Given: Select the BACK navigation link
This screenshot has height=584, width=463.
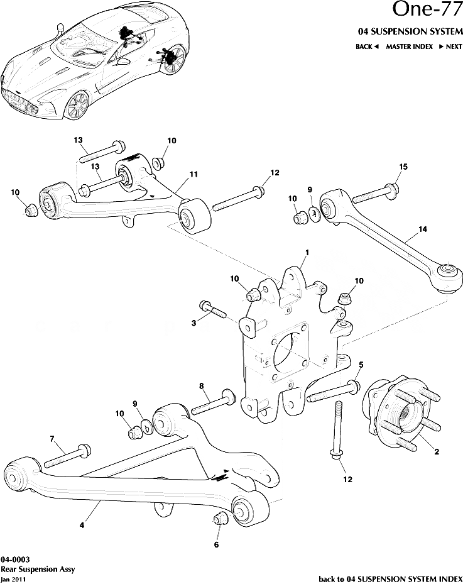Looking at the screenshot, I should coord(367,47).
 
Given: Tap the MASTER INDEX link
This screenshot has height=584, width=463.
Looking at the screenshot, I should coord(409,47).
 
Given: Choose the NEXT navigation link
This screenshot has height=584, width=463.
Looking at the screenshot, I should coord(450,47).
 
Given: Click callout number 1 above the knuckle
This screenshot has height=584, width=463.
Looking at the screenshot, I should coord(307,253).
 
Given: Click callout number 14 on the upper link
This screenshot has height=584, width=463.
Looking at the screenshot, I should coord(422,229).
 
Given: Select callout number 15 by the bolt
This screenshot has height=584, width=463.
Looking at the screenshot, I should coord(403,167).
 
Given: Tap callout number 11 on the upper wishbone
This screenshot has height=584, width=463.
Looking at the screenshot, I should coord(193,174).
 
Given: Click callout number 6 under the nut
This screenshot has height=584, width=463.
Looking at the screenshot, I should coord(216,544).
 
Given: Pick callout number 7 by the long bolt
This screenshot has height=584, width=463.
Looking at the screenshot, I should coord(52,438).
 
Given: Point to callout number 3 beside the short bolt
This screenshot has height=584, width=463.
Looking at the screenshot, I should coord(194,322).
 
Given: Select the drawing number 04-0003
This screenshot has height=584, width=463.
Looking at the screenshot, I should coord(15,559).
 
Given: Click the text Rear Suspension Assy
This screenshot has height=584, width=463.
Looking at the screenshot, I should coord(38,569).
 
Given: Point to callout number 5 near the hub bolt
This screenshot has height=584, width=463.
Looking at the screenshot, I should coord(361,365).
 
